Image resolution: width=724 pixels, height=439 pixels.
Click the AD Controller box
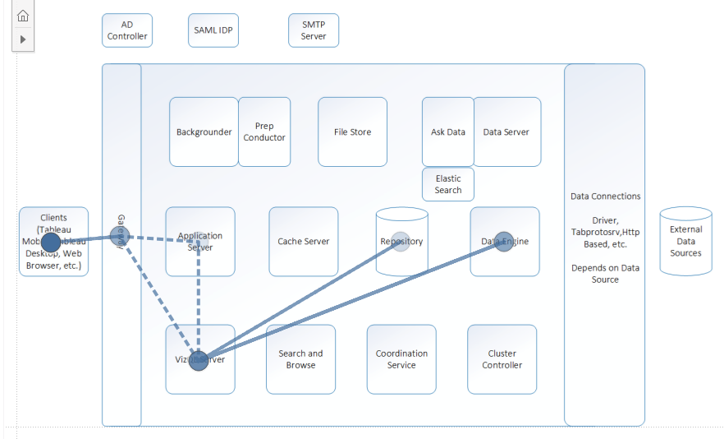(x=127, y=30)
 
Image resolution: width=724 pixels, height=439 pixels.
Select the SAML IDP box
(x=213, y=30)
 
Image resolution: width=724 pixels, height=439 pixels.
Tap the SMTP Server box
(x=314, y=30)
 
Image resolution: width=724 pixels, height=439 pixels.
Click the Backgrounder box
(x=204, y=132)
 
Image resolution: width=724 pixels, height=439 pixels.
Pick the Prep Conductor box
(x=264, y=132)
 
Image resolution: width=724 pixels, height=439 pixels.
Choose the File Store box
(x=352, y=132)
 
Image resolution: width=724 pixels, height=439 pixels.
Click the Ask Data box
(x=447, y=132)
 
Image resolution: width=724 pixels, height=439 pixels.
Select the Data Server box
(x=506, y=132)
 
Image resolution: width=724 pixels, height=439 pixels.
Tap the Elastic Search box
(x=448, y=184)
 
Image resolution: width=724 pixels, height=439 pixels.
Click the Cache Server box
(x=304, y=242)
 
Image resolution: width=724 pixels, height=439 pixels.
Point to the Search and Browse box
(x=300, y=359)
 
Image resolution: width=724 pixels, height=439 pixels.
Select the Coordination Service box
(x=401, y=359)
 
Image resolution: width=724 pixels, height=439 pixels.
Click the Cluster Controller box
(x=502, y=359)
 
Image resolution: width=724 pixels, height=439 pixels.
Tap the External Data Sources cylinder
(x=685, y=241)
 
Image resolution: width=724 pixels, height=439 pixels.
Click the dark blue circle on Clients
(x=51, y=242)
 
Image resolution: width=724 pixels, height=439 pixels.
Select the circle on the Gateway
(x=120, y=236)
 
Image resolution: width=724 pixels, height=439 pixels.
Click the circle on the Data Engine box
(x=504, y=242)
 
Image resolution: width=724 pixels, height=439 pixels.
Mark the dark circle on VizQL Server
(x=199, y=360)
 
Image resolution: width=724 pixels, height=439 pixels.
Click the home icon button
(x=23, y=16)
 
